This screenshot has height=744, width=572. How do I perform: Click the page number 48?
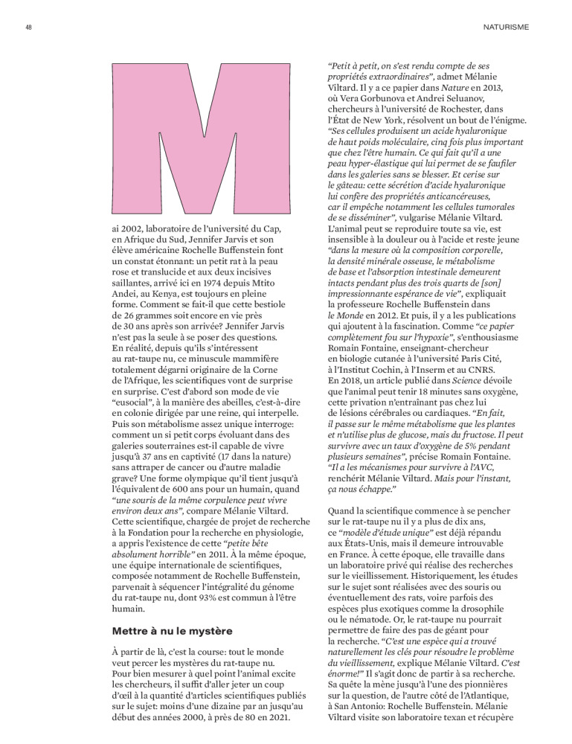[28, 27]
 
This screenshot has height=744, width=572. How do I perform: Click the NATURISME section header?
[506, 27]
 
